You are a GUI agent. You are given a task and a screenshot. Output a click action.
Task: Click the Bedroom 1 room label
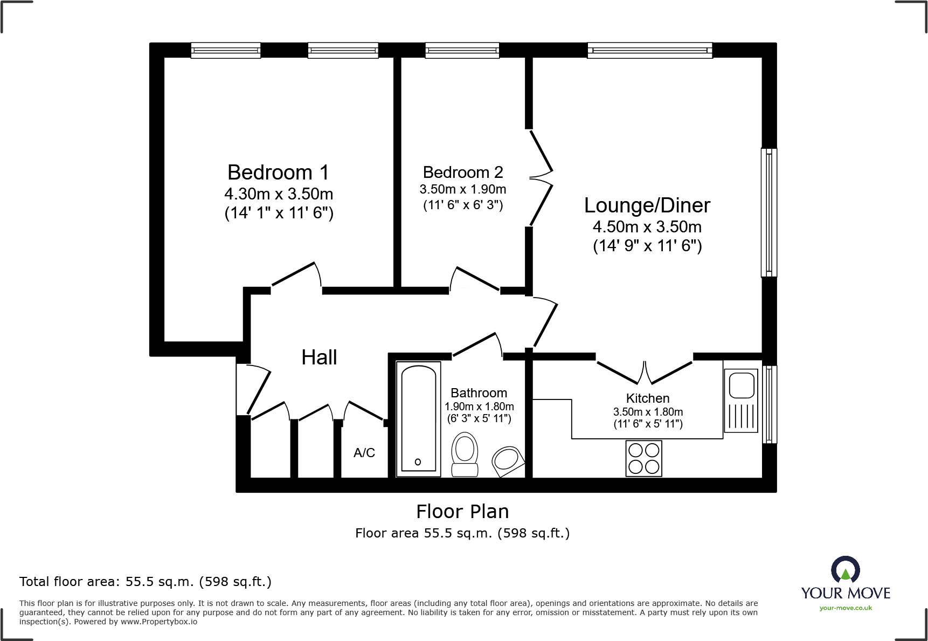tap(278, 173)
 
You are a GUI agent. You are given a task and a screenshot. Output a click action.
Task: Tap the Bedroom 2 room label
tap(463, 173)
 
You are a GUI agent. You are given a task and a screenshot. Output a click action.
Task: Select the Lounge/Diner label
tap(647, 205)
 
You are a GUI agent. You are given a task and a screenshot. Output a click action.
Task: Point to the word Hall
tap(319, 357)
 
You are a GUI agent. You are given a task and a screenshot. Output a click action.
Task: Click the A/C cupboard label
tap(364, 453)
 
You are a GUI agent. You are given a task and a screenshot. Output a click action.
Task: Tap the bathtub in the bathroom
tap(419, 419)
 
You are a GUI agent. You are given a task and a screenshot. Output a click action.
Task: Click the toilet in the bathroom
tap(465, 454)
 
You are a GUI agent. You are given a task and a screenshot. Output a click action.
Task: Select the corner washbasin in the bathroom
tap(508, 461)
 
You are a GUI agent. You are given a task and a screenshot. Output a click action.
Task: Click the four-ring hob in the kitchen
tap(643, 458)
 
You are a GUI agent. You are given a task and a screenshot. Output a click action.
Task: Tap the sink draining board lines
tap(742, 416)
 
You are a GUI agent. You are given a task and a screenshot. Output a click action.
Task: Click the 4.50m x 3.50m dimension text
tap(647, 227)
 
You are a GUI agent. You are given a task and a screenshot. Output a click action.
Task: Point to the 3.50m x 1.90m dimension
tap(463, 189)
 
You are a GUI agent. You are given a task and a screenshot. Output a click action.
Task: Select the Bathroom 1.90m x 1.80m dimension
tap(479, 406)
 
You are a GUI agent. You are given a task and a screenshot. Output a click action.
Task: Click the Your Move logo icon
tap(846, 569)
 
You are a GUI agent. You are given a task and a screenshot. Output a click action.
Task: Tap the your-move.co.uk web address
tap(846, 608)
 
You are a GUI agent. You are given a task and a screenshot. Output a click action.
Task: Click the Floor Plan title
tap(462, 512)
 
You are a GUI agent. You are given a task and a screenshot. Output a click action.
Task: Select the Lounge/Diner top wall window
tap(650, 51)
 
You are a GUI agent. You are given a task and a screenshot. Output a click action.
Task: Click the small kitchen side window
tap(770, 404)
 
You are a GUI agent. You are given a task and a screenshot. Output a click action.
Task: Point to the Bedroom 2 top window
tap(462, 51)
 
